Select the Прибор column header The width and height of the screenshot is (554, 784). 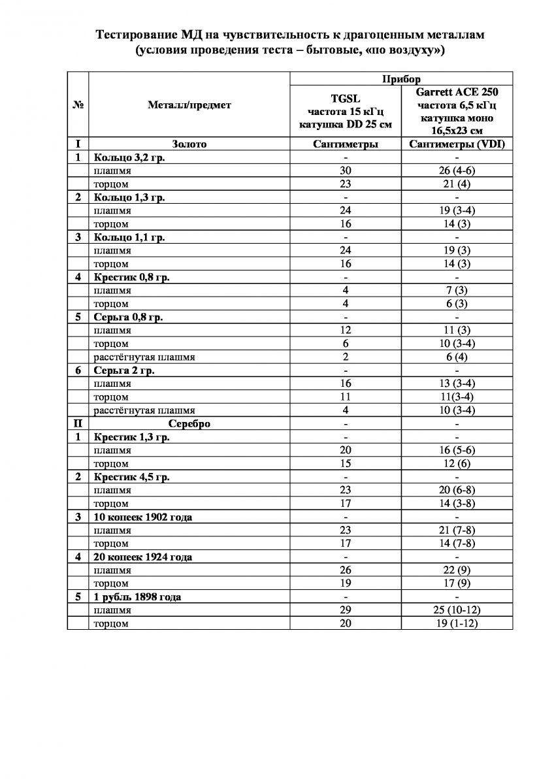coord(400,78)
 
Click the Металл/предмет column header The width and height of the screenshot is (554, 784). coord(189,104)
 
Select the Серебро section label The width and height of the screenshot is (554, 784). coord(189,423)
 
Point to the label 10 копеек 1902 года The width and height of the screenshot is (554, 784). coord(143,517)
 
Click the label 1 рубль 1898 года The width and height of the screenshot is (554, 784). coord(137,596)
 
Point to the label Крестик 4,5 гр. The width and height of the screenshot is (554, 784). coord(131,477)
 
